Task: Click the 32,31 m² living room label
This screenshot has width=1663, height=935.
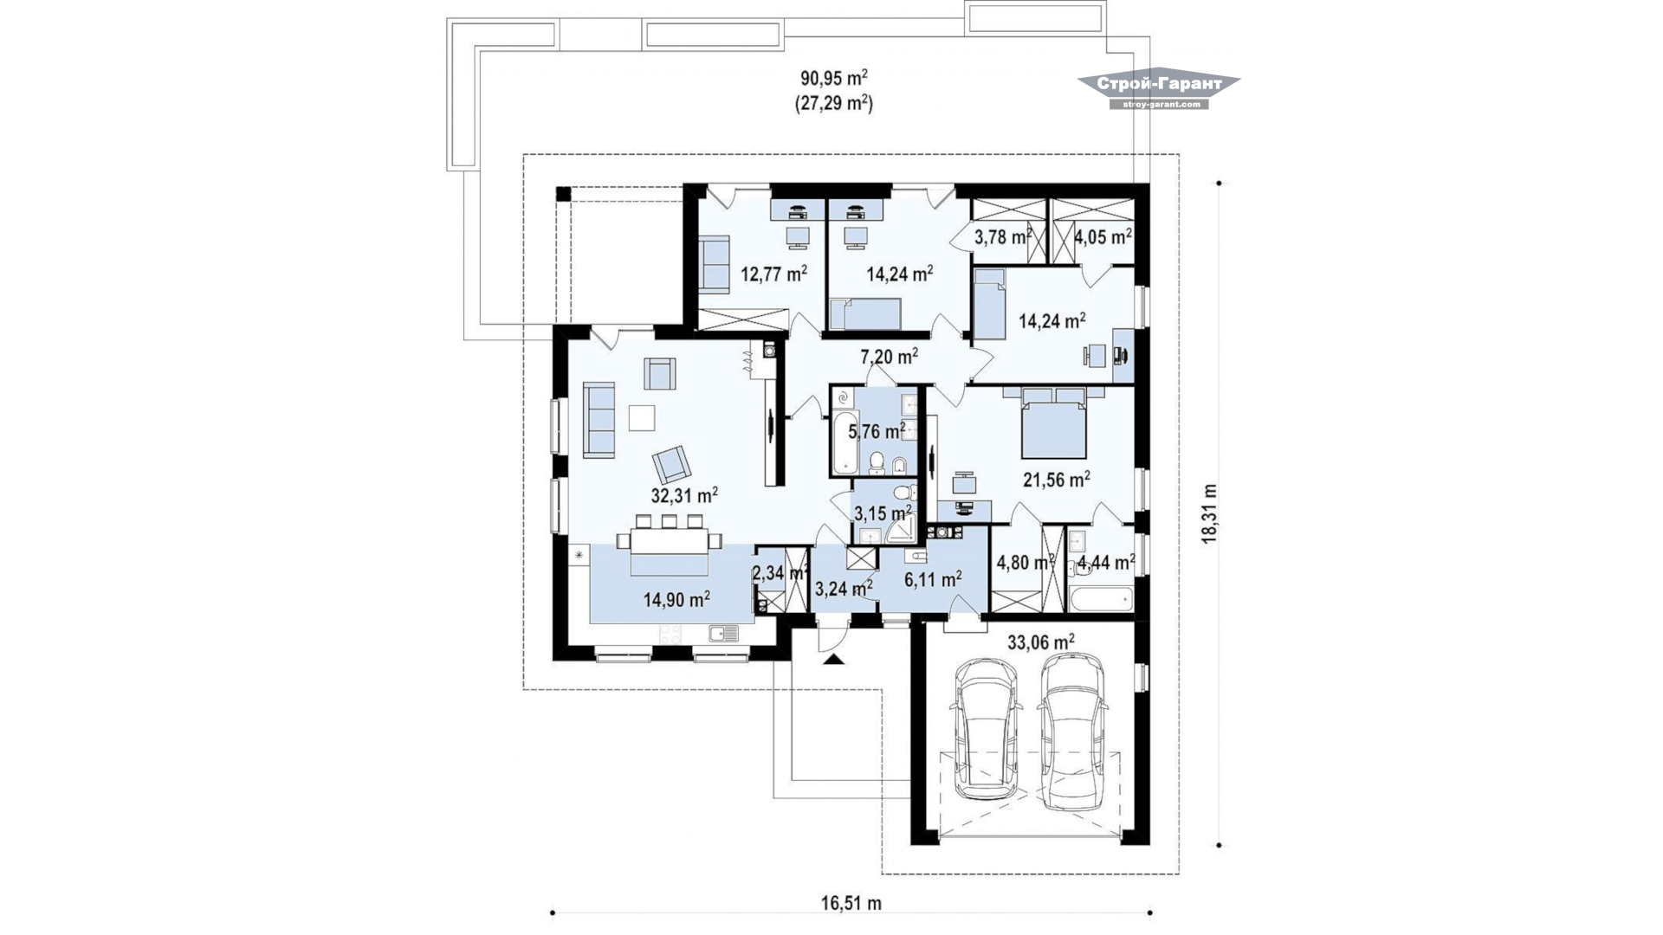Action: point(684,495)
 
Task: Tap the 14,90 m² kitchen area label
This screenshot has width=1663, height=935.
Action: point(677,598)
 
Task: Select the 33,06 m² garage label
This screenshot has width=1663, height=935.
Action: point(1041,642)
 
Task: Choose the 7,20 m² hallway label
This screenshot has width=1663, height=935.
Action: point(890,356)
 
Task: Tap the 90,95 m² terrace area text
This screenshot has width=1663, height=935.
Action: point(834,78)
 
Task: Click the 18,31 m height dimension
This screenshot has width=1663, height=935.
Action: point(1209,513)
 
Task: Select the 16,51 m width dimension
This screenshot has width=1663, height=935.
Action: point(851,904)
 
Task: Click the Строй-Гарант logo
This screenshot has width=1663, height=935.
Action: point(1159,90)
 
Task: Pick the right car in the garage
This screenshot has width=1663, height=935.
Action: point(1074,732)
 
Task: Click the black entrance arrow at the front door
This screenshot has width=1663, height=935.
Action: point(833,661)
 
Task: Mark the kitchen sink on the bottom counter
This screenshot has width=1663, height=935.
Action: point(724,634)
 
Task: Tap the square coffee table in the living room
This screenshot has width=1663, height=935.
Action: point(642,418)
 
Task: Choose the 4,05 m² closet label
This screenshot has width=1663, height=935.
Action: point(1103,236)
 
